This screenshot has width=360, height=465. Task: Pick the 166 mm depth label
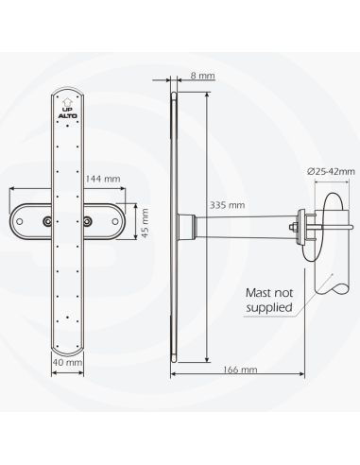240,370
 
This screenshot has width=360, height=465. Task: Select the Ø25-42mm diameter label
331,171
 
